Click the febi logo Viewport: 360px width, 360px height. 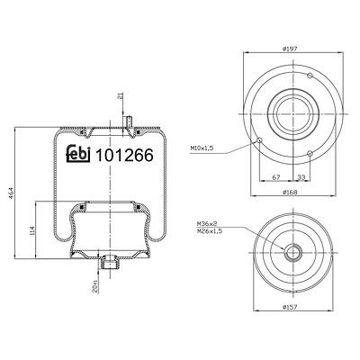coord(78,153)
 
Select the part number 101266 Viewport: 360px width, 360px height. coord(124,155)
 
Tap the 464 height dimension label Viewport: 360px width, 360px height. coord(12,193)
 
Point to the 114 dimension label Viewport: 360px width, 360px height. coord(32,230)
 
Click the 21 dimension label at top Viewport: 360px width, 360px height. coord(121,96)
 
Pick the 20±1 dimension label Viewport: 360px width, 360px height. coord(95,286)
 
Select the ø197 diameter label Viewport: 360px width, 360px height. coord(290,49)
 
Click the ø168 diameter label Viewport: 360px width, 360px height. coord(290,193)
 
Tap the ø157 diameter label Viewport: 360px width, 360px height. coord(290,307)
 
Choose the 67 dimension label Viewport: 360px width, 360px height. coord(276,177)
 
